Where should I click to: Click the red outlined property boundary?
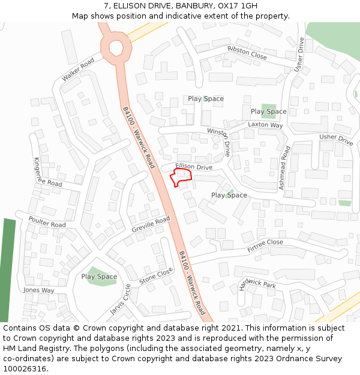tap(181, 177)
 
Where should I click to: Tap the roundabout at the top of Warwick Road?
tap(115, 46)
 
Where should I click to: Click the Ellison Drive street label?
tap(194, 166)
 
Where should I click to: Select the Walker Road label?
tap(78, 70)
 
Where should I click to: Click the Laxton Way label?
tap(265, 125)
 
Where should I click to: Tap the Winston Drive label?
tap(219, 140)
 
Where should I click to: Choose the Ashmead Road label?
tap(284, 168)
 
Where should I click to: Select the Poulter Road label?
tap(47, 221)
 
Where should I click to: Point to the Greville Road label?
tap(151, 225)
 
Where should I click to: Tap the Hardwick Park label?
tap(257, 284)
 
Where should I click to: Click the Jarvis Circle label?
tap(120, 299)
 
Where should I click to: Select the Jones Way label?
tap(38, 290)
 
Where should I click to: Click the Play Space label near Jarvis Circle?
tap(99, 277)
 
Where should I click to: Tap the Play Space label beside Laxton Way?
tap(268, 112)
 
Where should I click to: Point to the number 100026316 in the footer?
tap(25, 369)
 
